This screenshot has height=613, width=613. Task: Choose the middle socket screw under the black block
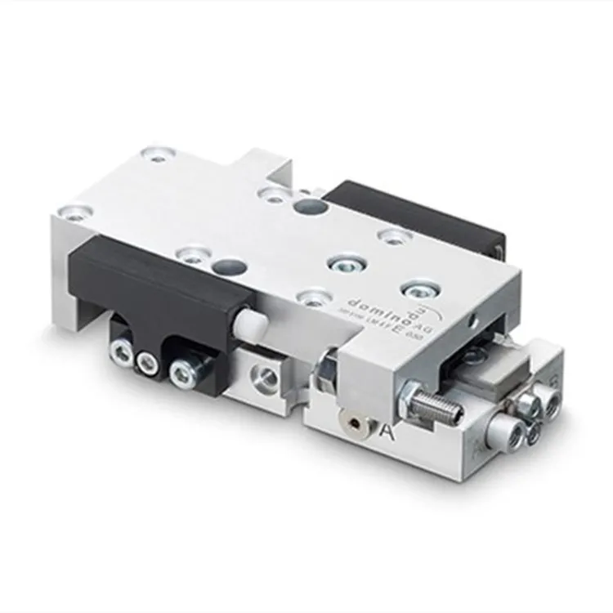pos(148,365)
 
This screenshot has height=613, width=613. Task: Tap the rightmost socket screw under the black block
pos(181,374)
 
